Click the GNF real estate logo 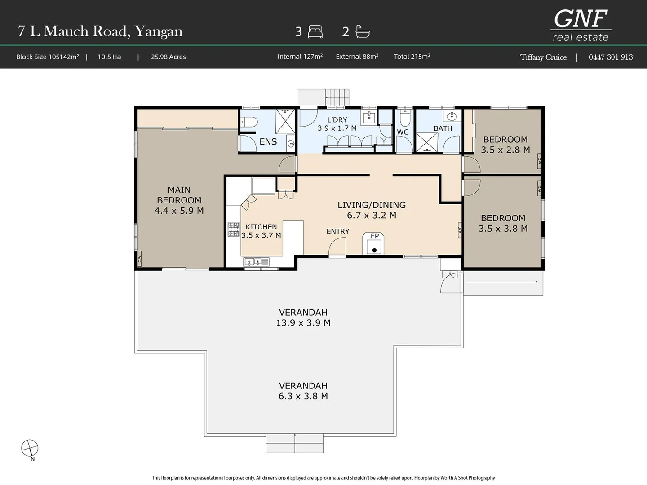pos(581,26)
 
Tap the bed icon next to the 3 pos(315,32)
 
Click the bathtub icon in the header pos(362,31)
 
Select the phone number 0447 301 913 pos(611,57)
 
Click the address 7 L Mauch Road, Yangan pos(100,31)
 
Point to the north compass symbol pos(30,448)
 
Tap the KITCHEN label pos(261,227)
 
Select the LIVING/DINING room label pos(372,205)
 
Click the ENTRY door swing pos(337,247)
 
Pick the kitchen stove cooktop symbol pos(233,229)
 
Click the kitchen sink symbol pos(257,261)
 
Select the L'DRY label pos(337,120)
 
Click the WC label pos(403,132)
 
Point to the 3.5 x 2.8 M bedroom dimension pos(505,150)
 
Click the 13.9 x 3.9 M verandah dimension pos(303,323)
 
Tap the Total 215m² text pos(412,57)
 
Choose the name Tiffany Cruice pos(543,57)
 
